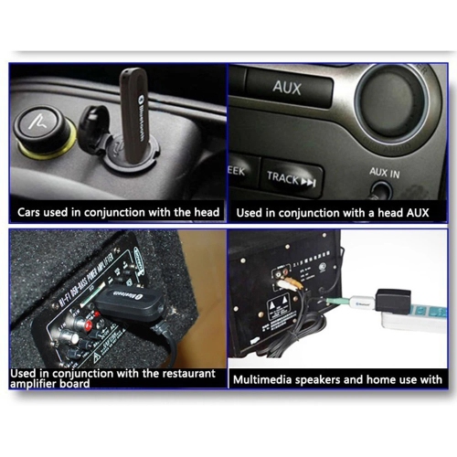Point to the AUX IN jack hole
click(x=381, y=190)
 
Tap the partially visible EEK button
click(x=237, y=171)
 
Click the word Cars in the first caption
click(x=32, y=212)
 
